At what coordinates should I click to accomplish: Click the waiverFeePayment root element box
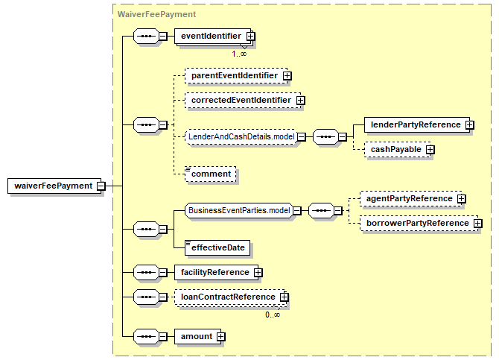pyautogui.click(x=54, y=186)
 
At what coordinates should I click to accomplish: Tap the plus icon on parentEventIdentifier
pyautogui.click(x=287, y=76)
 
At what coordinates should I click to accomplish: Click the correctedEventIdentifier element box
pyautogui.click(x=243, y=101)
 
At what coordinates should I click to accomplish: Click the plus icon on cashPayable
pyautogui.click(x=430, y=149)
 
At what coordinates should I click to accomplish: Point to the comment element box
pyautogui.click(x=210, y=174)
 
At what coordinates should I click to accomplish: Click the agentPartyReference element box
pyautogui.click(x=411, y=199)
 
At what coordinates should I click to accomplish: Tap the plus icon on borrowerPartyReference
pyautogui.click(x=477, y=224)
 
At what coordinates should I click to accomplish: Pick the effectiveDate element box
pyautogui.click(x=217, y=248)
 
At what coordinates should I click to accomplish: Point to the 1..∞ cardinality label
pyautogui.click(x=239, y=54)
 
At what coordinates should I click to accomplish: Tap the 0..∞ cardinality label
pyautogui.click(x=273, y=315)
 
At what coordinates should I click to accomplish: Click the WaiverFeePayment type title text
pyautogui.click(x=156, y=14)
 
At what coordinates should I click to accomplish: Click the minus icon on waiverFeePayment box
pyautogui.click(x=101, y=186)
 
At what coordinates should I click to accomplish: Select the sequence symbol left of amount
pyautogui.click(x=146, y=336)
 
